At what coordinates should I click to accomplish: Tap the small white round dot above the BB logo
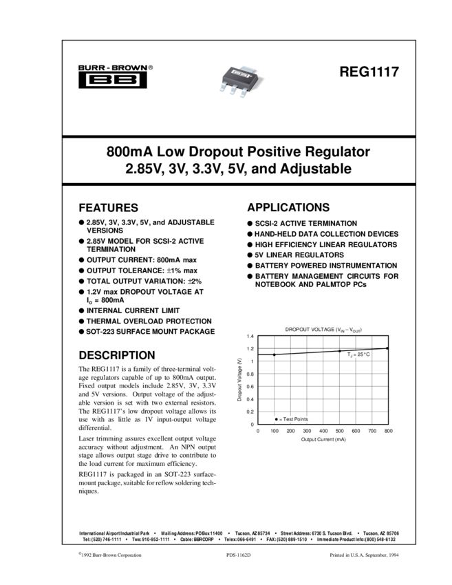click(x=128, y=68)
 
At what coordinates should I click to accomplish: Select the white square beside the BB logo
click(x=160, y=68)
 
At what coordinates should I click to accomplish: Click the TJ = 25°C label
click(x=358, y=354)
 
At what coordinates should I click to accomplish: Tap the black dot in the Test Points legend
click(x=276, y=418)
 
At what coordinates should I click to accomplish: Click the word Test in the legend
click(x=289, y=418)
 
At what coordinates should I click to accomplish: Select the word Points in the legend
click(x=301, y=418)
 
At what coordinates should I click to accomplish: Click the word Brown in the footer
click(x=109, y=555)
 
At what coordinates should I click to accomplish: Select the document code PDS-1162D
click(x=238, y=555)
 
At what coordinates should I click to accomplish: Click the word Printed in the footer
click(x=338, y=555)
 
